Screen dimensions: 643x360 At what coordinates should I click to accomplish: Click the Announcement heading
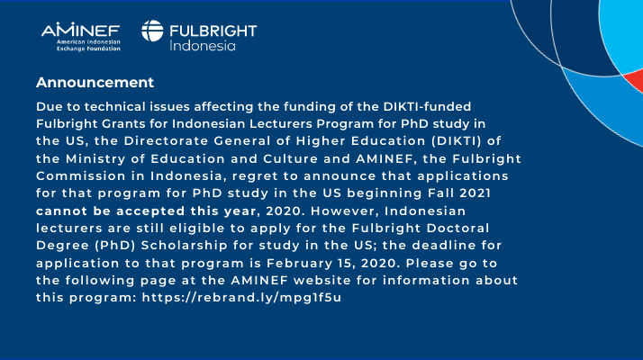coord(95,83)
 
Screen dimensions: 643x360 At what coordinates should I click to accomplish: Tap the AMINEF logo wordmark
coord(81,30)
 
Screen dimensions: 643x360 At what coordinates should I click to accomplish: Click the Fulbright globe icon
coord(152,31)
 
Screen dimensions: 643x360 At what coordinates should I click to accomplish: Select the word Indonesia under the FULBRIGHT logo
coord(203,46)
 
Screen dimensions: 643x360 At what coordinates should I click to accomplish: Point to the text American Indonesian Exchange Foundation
coord(88,45)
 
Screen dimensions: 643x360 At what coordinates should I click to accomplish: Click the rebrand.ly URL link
coord(241,298)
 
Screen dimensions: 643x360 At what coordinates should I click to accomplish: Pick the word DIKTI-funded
coord(427,106)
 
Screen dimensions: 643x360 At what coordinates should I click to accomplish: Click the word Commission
coord(81,175)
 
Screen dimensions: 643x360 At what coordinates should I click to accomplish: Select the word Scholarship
coord(184,246)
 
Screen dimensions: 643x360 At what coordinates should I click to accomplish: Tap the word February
coord(299,263)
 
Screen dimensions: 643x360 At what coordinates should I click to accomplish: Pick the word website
coord(322,281)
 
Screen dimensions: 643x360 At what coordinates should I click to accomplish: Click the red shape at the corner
coord(635,80)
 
